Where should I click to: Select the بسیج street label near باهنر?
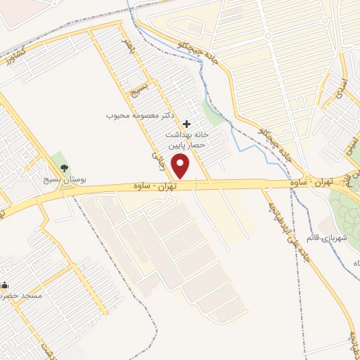pos(137,88)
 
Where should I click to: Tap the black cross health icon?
pos(186,124)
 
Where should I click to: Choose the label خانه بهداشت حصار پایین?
pos(189,140)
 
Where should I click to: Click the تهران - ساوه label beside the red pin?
pos(153,186)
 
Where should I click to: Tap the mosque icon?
pos(5,285)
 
